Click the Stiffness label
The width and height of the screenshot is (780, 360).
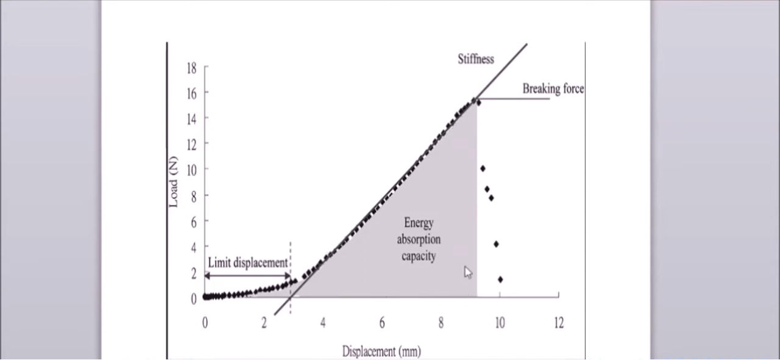point(476,59)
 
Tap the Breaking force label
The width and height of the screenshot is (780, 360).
point(553,89)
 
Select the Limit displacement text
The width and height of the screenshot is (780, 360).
point(247,263)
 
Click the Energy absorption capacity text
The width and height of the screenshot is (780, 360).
point(419,239)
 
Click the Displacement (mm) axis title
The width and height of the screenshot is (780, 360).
point(381,351)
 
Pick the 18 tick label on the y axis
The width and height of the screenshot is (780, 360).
point(191,68)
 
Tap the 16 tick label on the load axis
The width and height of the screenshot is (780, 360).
point(191,93)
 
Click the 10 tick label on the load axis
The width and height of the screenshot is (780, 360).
point(191,169)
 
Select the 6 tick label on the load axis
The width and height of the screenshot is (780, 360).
point(193,222)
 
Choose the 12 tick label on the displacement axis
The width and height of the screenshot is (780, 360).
point(558,323)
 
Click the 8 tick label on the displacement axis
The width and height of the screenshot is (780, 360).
point(441,323)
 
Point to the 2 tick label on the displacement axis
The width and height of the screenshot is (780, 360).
point(264,323)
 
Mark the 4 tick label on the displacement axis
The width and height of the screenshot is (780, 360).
point(323,323)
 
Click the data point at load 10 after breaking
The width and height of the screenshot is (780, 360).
point(483,169)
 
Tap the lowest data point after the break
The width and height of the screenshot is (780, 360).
point(500,280)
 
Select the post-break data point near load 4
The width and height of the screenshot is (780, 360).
point(497,244)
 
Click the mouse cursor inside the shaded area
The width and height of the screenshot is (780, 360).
point(467,272)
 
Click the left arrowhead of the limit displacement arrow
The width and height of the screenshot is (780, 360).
point(207,276)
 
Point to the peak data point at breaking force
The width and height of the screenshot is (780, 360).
point(478,103)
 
